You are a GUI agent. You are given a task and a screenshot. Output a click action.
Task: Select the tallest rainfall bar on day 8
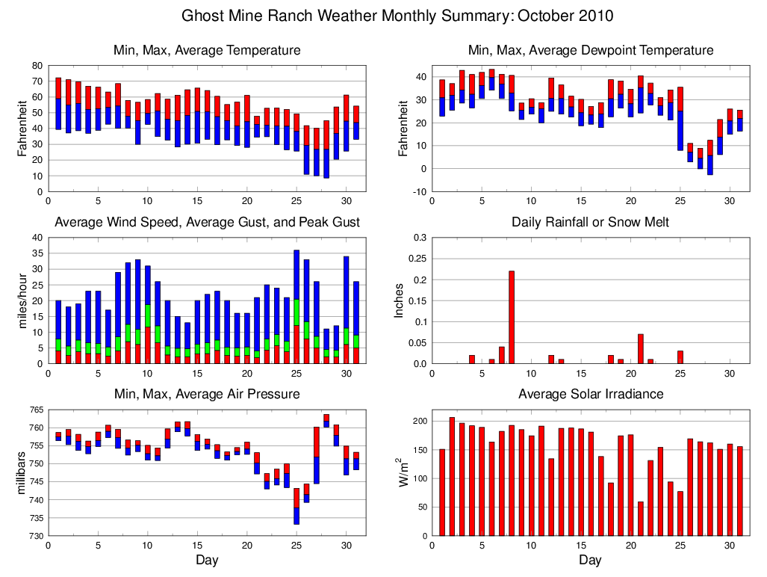(x=512, y=318)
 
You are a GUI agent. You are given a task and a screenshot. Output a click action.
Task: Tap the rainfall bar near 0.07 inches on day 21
(x=641, y=349)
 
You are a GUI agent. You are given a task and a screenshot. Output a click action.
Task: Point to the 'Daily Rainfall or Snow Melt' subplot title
(x=590, y=222)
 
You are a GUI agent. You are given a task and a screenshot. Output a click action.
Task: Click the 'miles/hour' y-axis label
(x=23, y=301)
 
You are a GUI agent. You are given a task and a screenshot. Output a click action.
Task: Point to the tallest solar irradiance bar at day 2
(x=452, y=476)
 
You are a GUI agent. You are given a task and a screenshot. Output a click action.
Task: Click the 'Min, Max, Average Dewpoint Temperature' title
(x=590, y=50)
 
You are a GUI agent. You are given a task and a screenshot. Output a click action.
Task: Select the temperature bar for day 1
(x=58, y=103)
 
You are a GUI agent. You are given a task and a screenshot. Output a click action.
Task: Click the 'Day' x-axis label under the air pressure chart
(x=207, y=560)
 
